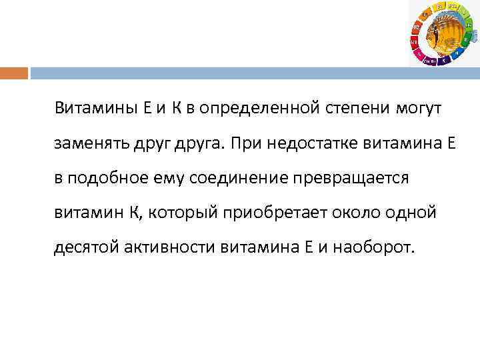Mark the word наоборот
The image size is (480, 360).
click(x=377, y=249)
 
